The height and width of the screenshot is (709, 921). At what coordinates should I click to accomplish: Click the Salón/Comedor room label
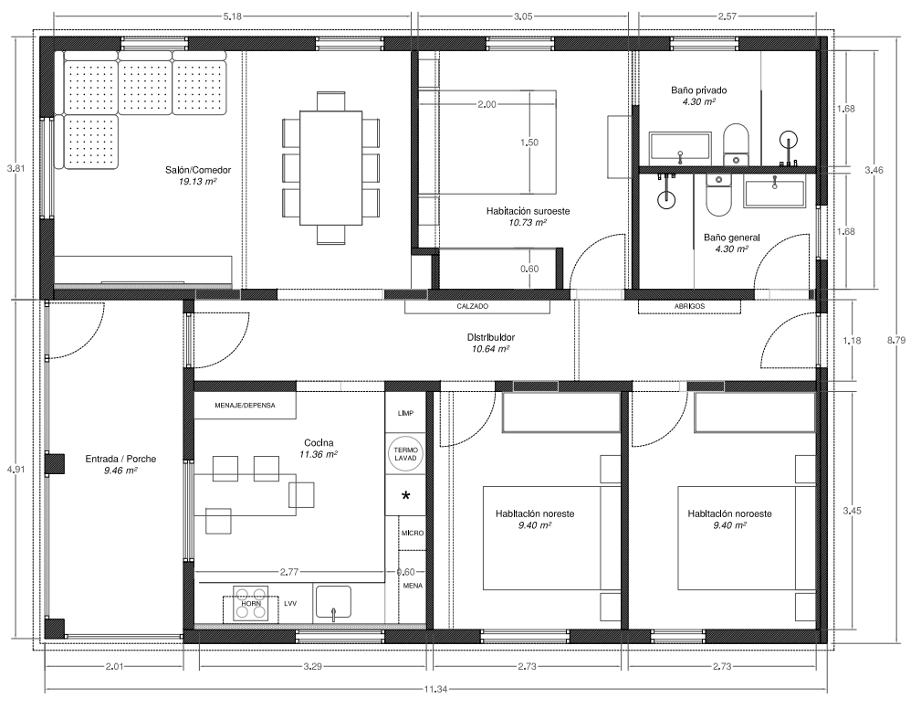click(x=198, y=170)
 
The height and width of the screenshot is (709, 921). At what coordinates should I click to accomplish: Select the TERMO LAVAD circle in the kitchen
click(x=404, y=454)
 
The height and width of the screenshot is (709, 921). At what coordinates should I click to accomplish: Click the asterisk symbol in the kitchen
click(x=405, y=495)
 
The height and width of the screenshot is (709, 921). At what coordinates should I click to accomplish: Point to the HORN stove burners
click(x=251, y=603)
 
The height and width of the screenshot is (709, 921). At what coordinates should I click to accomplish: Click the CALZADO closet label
click(x=473, y=306)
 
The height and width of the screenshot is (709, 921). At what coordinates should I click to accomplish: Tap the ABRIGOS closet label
click(x=689, y=306)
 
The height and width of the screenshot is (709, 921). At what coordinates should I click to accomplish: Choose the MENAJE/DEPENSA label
click(x=245, y=406)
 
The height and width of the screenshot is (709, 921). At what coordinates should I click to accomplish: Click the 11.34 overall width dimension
click(x=435, y=689)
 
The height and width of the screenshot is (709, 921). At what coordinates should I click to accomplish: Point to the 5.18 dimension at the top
click(x=233, y=16)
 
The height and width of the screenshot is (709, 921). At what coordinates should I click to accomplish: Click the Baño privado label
click(x=699, y=90)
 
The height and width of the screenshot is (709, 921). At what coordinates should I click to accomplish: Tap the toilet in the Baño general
click(x=717, y=195)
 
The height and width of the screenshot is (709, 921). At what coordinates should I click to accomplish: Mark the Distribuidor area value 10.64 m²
click(x=490, y=349)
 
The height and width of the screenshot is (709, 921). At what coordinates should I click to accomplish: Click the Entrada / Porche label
click(x=120, y=460)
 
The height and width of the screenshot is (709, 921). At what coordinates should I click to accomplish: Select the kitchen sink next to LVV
click(x=334, y=603)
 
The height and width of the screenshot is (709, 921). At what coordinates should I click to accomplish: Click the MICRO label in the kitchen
click(x=413, y=534)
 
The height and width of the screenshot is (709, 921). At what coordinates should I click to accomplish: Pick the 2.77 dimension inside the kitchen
click(x=289, y=571)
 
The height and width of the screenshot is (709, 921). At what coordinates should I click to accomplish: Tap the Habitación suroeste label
click(x=529, y=211)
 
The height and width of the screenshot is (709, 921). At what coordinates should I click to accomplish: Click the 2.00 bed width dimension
click(x=487, y=105)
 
